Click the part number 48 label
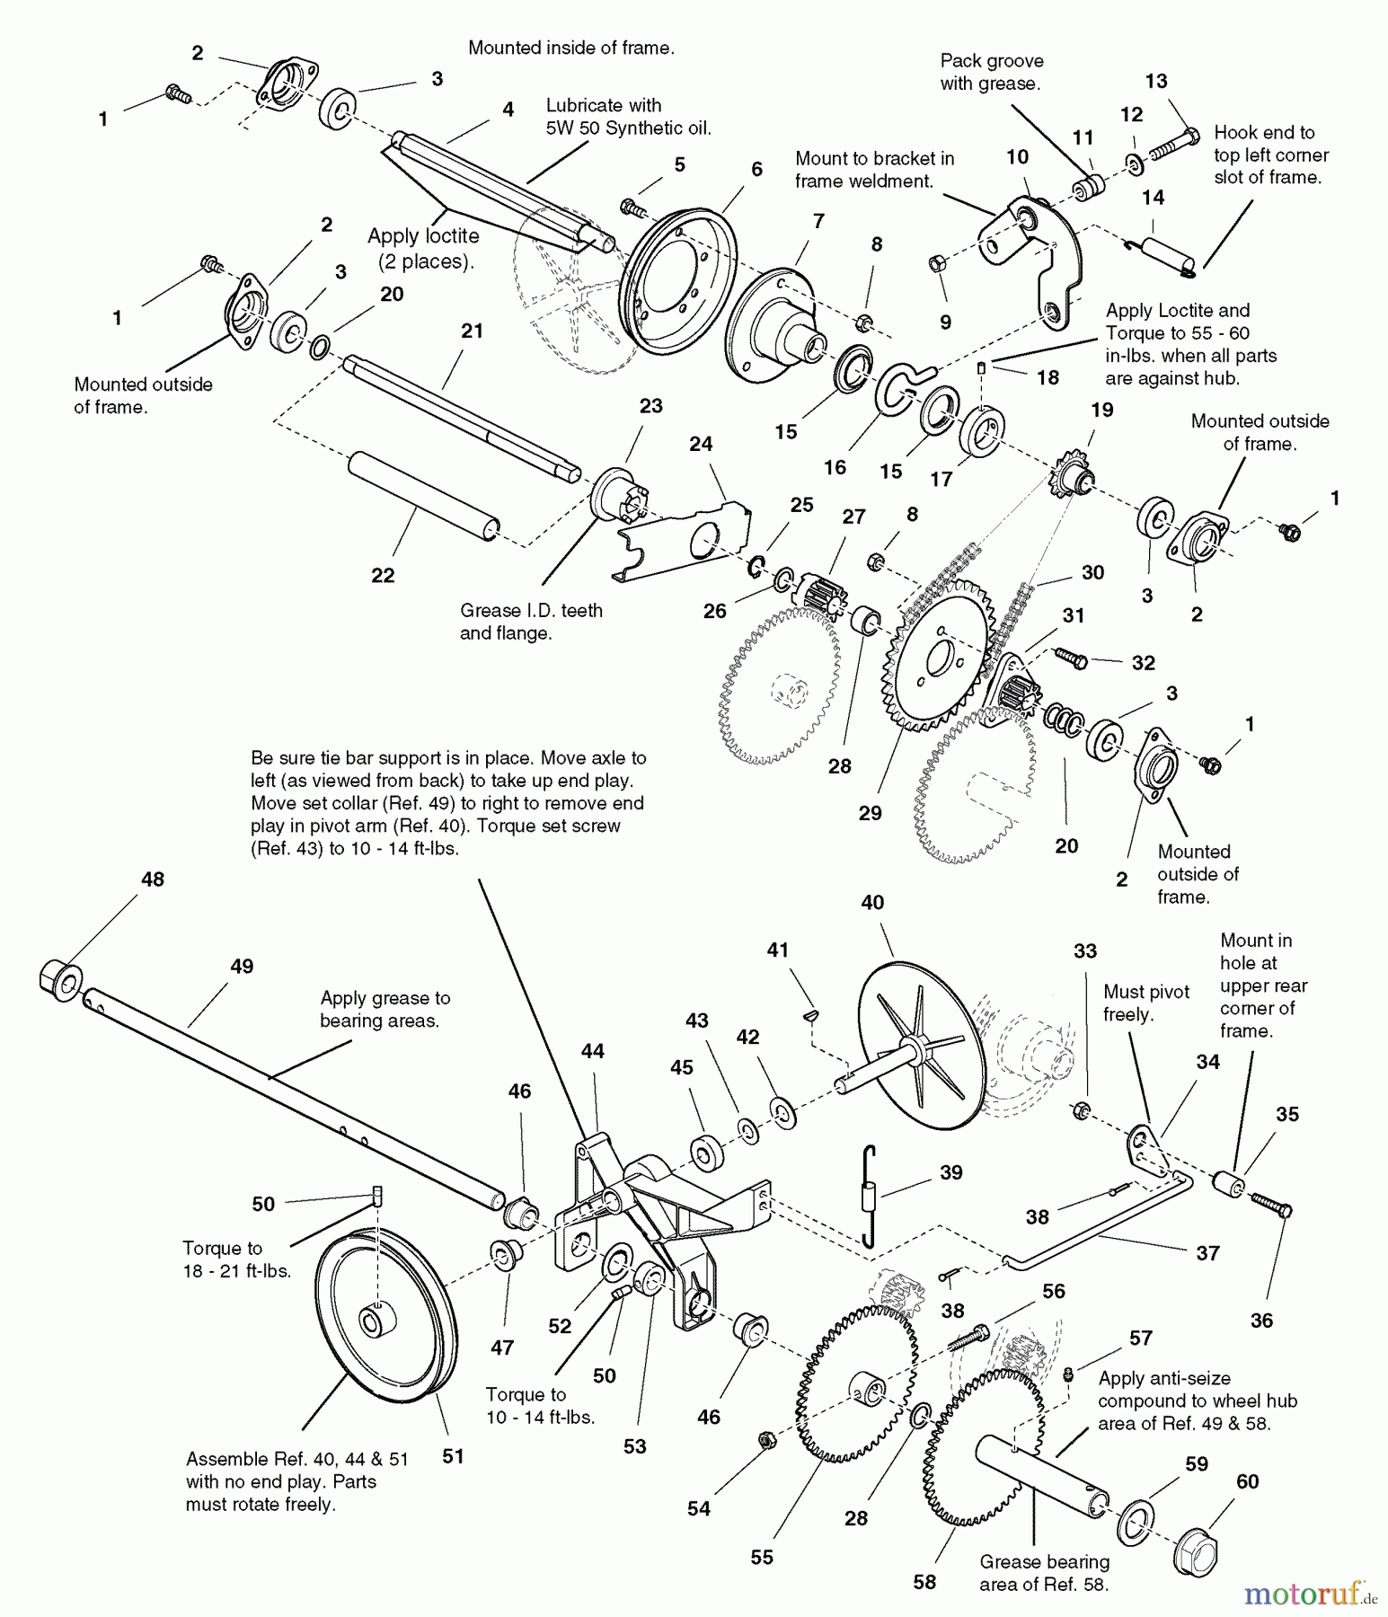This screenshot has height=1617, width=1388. pyautogui.click(x=153, y=879)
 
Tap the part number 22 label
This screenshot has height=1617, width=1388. pyautogui.click(x=383, y=575)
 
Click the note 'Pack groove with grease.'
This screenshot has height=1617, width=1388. pyautogui.click(x=991, y=72)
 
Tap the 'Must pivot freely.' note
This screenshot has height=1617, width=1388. pyautogui.click(x=1145, y=1003)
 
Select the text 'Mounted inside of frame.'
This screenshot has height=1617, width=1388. pyautogui.click(x=570, y=49)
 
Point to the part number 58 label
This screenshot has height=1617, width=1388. pyautogui.click(x=924, y=1582)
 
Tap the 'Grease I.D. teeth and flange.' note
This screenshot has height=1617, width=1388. pyautogui.click(x=531, y=622)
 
